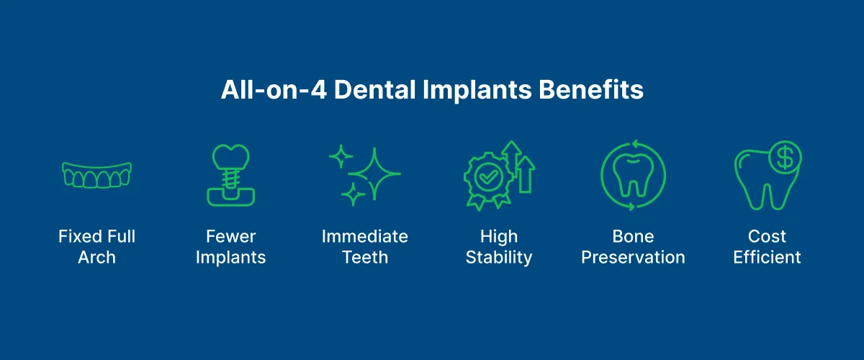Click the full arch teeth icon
tap(97, 174)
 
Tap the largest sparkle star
tap(374, 172)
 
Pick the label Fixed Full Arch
tap(97, 247)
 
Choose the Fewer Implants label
tap(230, 247)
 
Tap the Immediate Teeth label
tap(365, 247)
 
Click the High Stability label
tap(499, 247)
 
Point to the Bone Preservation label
tap(633, 247)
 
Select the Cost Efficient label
tap(768, 247)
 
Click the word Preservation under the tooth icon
tap(633, 258)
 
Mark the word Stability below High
tap(499, 258)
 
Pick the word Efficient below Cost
tap(768, 258)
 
